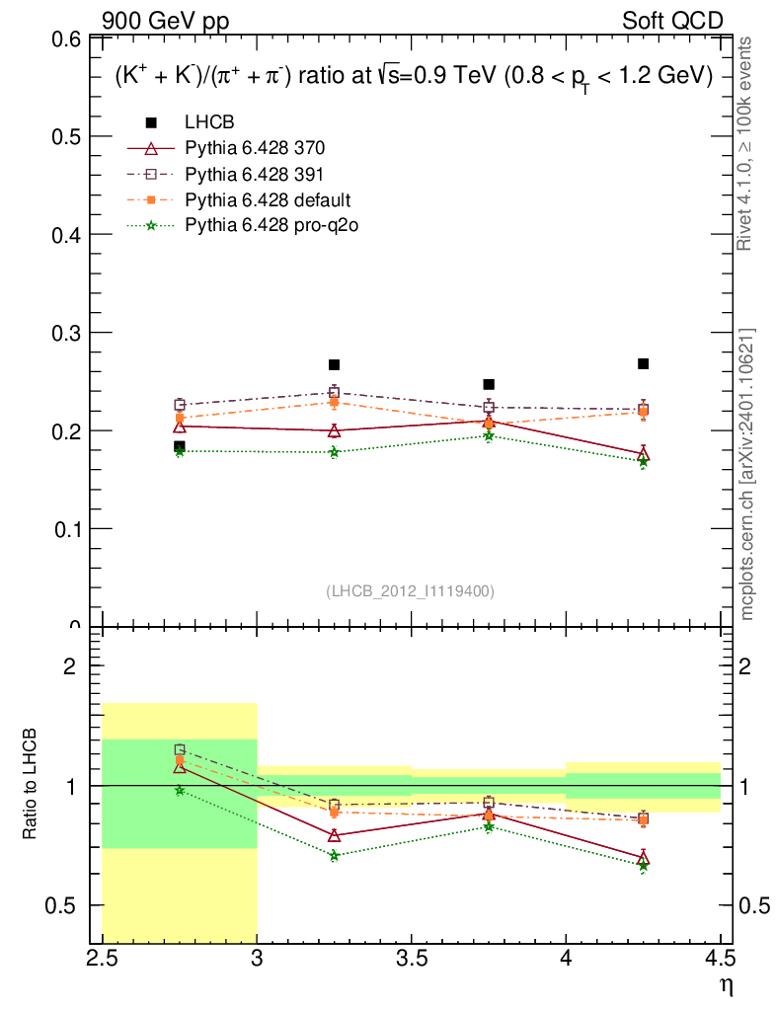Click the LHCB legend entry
click(208, 122)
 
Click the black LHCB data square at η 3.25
click(334, 364)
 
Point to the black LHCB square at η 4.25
click(643, 363)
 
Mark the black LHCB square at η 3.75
click(489, 384)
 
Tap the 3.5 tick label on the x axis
click(411, 958)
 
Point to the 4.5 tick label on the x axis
click(720, 958)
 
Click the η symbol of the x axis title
click(727, 984)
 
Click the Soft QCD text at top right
click(671, 21)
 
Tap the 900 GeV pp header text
click(165, 21)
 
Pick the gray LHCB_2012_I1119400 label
click(410, 590)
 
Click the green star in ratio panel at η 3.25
click(334, 855)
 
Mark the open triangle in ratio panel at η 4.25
click(643, 857)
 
